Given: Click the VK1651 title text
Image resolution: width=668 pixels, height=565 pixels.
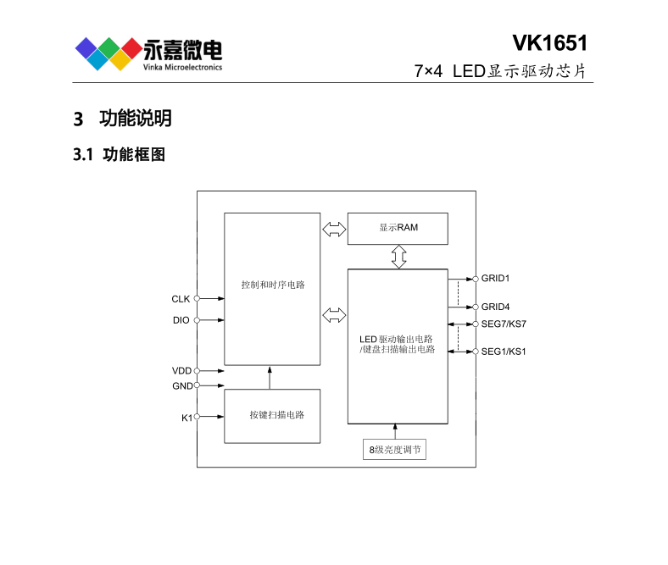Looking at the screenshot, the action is click(x=549, y=43).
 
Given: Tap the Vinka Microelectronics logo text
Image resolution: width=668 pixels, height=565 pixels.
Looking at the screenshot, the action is click(x=182, y=67).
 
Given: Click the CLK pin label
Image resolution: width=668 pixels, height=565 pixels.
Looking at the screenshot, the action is click(x=181, y=299).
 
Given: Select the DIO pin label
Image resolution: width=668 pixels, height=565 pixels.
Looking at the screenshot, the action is click(x=181, y=320).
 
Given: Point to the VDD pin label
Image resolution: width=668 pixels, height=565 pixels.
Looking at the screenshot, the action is click(x=182, y=371).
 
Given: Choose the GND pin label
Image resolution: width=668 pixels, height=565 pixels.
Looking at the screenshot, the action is click(x=182, y=385).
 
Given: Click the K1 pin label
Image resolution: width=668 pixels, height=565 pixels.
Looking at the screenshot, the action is click(x=186, y=418).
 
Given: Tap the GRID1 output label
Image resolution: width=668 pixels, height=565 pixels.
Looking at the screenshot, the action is click(x=495, y=279).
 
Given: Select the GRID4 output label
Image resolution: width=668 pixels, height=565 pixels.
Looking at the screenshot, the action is click(x=495, y=307).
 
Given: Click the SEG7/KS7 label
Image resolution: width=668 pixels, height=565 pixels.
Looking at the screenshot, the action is click(x=504, y=324).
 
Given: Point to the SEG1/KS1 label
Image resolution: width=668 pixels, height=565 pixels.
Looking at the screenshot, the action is click(x=504, y=352).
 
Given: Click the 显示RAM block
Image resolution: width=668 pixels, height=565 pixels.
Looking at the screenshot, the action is click(x=398, y=229).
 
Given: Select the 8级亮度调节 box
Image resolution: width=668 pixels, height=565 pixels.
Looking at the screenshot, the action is click(x=394, y=449).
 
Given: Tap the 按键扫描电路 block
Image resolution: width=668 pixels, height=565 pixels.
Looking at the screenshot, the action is click(x=272, y=416).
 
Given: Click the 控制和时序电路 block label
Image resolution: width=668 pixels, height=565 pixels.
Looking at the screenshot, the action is click(x=273, y=285).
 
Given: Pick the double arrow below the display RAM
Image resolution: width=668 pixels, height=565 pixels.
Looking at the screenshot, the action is click(x=398, y=257).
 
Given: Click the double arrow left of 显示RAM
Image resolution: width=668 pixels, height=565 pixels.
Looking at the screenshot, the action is click(x=335, y=229).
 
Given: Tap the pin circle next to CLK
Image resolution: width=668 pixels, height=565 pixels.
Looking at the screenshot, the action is click(x=197, y=298).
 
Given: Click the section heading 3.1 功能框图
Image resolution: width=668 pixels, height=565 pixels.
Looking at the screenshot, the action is click(x=120, y=154).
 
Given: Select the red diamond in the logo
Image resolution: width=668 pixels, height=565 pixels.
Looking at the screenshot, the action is click(x=131, y=48).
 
